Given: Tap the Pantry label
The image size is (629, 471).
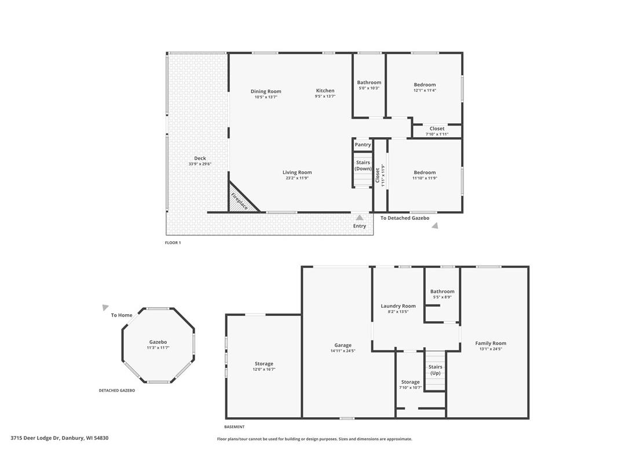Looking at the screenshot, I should pos(363,145).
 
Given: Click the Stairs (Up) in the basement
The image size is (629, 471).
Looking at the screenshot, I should pos(435,370).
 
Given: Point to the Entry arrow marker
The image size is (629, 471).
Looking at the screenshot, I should pos(360,218).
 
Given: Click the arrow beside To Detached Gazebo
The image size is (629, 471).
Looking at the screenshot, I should pos(434,226).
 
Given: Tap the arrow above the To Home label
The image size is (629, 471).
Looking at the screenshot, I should pos(105,307).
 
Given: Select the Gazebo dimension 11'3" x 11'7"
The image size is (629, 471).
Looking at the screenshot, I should pos(158,348).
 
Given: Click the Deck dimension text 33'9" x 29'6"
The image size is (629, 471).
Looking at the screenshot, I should pos(200,164).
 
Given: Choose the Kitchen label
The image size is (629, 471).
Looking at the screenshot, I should pos(325,91).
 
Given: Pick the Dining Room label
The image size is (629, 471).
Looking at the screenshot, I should pos(266,91).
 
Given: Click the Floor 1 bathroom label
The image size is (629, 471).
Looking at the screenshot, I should pos(369,83).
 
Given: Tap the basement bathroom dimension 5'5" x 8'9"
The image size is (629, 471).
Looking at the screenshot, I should pos(442,297).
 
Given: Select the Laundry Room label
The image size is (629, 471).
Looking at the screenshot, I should pos(398,306).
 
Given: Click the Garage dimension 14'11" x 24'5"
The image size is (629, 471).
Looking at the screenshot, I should pos(343,351).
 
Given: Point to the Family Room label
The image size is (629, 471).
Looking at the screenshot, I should pos(491,343).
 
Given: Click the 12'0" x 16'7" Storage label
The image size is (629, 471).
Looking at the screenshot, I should pos(264,369).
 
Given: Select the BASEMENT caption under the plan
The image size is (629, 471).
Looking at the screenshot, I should pos(234,427).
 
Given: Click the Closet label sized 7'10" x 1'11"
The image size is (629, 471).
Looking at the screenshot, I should pos(437,128).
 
